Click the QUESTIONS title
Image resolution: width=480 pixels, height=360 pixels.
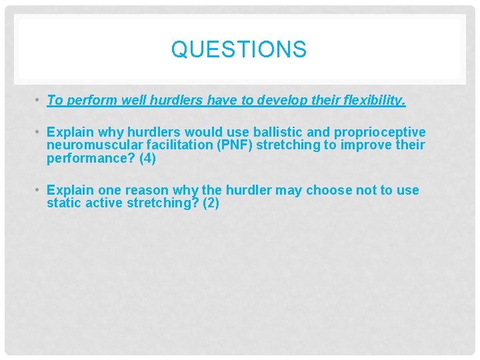(x=239, y=50)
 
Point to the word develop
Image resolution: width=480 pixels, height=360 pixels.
(x=309, y=100)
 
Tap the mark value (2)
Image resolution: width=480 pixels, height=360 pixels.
(x=211, y=203)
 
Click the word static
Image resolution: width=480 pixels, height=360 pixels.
(x=63, y=203)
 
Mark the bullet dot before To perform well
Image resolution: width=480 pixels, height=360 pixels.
(x=39, y=101)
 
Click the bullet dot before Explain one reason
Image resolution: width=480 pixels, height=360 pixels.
(x=39, y=191)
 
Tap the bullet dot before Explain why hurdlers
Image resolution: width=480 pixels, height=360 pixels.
(x=39, y=132)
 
